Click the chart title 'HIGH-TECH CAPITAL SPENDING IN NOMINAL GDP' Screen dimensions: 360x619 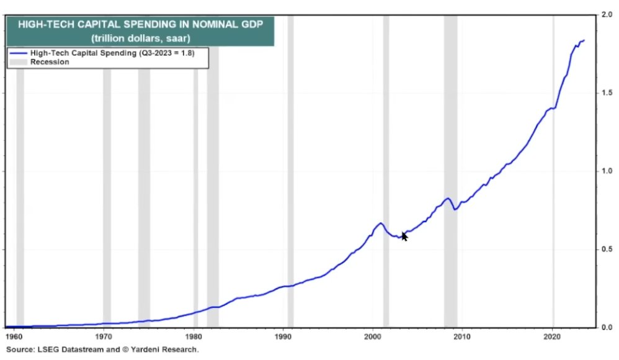[x=140, y=25]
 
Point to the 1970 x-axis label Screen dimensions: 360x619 [x=104, y=337]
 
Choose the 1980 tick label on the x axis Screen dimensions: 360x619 [x=194, y=337]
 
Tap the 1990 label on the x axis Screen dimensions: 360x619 [x=283, y=337]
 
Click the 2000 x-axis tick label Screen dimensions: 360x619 [x=373, y=337]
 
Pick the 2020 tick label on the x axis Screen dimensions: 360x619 [x=552, y=337]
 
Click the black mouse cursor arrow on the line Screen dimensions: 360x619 [x=404, y=236]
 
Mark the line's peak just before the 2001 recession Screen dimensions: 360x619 [x=380, y=223]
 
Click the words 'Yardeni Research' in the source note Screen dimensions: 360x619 [x=166, y=350]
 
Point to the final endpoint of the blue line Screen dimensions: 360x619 [x=584, y=40]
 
